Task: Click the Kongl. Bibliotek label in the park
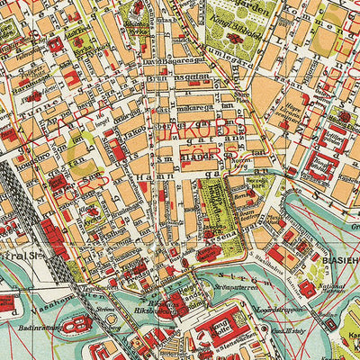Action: tap(232, 22)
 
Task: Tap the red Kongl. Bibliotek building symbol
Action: tap(236, 39)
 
